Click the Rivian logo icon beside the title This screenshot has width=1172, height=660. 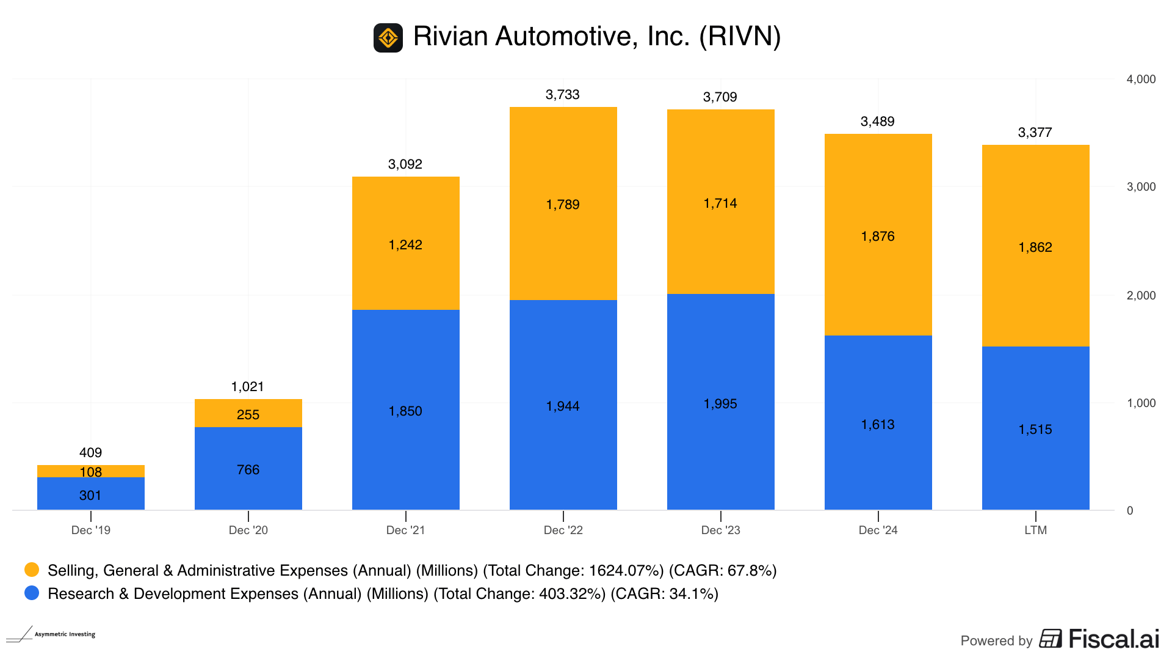coord(388,38)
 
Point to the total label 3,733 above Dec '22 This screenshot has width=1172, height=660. coord(562,95)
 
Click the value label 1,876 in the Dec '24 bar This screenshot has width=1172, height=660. coord(877,237)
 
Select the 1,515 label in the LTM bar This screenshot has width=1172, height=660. coord(1035,430)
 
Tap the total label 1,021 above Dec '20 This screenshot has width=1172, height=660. coord(247,387)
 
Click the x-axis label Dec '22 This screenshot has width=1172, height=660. coord(563,530)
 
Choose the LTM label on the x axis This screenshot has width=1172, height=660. coord(1035,530)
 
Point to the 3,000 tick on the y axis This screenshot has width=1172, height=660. coord(1141,187)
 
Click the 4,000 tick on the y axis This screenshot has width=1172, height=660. coord(1141,79)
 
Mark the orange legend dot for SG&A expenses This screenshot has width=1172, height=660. coord(32,570)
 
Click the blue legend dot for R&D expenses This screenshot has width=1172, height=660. coord(32,593)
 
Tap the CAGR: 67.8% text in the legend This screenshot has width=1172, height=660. coord(723,571)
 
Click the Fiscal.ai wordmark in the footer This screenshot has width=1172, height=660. coord(1113,639)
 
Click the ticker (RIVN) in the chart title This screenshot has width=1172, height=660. coord(740,37)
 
